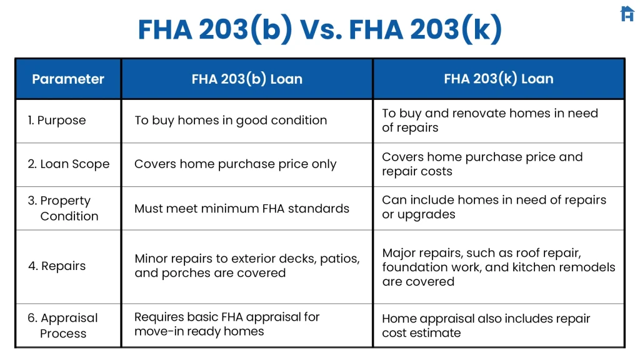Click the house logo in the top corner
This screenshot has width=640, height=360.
coord(627,14)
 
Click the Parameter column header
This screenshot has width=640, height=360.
coord(68,79)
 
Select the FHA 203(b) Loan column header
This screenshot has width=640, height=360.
coord(247,79)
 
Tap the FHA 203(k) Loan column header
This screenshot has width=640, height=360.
coord(498,79)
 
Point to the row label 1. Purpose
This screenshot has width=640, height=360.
coord(57,120)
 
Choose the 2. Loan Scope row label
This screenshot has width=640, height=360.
coord(68,164)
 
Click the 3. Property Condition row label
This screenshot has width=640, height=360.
coord(63,208)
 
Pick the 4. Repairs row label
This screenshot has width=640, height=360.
coord(57,266)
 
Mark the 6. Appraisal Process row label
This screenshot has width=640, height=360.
coord(62,325)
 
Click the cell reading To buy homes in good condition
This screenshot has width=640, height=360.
coord(231,120)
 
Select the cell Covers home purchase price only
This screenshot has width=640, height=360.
coord(235,164)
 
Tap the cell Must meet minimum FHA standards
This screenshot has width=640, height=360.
coord(241,208)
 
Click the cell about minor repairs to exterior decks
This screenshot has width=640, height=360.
coord(247,266)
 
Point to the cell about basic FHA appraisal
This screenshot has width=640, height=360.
coord(227,324)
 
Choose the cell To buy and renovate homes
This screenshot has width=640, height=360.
coord(490,120)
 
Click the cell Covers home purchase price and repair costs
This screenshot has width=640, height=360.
coord(482,164)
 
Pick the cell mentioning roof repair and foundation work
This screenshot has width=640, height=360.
coord(498,267)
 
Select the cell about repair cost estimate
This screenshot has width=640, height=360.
coord(486,325)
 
